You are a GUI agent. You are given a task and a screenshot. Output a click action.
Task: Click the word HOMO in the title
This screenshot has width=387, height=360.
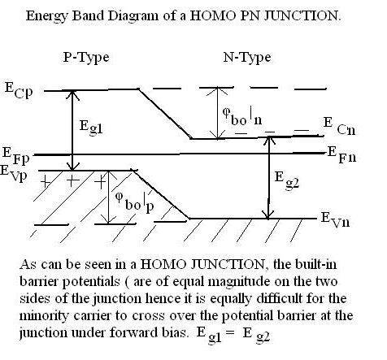tap(213, 15)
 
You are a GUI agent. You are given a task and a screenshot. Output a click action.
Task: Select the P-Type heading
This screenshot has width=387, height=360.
tap(86, 58)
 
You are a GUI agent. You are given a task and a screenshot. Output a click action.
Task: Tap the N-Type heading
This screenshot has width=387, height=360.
tap(247, 58)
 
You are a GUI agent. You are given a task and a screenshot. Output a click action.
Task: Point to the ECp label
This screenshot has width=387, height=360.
tap(19, 91)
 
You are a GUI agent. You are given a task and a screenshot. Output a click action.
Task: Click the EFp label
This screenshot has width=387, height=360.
tap(15, 156)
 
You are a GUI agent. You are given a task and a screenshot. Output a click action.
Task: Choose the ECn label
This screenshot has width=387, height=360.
tap(339, 126)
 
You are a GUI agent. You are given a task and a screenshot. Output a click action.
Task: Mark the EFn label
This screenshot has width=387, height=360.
tap(341, 154)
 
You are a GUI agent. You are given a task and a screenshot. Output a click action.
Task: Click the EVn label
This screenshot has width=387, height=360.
tap(336, 220)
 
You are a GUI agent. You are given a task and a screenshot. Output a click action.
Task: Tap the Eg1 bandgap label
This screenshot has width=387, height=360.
tap(91, 128)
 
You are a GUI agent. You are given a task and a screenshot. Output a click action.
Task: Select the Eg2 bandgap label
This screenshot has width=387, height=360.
tap(287, 180)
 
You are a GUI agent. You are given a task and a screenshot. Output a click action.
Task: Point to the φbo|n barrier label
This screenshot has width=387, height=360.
tap(242, 116)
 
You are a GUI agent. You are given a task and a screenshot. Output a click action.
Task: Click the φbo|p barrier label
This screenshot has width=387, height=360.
tap(135, 202)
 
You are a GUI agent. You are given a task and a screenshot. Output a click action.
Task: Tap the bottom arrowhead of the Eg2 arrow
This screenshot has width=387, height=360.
tap(268, 215)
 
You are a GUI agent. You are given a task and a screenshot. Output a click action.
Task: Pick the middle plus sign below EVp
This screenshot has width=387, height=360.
tap(72, 181)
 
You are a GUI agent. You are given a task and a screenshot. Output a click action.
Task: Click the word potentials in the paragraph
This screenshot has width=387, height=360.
tap(91, 282)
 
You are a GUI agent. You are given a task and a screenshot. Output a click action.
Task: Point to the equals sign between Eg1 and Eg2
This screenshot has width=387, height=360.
tap(230, 332)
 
